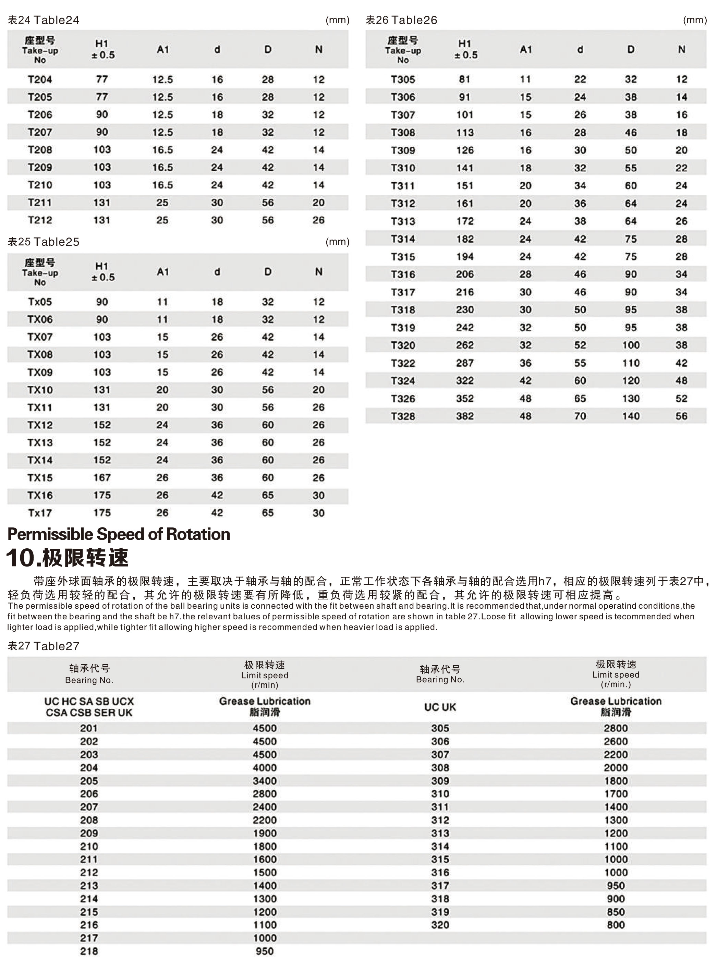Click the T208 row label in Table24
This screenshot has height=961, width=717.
tap(40, 150)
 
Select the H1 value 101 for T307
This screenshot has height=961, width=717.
tap(464, 114)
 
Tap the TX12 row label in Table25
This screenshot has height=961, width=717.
tap(40, 425)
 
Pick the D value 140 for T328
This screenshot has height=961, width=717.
tap(631, 416)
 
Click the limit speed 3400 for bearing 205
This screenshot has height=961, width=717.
tap(265, 781)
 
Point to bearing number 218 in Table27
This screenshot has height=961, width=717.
tap(89, 951)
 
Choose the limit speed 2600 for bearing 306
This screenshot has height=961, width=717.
tap(616, 741)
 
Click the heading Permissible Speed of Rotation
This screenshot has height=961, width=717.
tap(119, 534)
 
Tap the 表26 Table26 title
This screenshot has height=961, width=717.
tap(401, 20)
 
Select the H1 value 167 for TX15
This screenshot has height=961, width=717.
tap(102, 477)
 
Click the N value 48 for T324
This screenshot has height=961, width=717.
tap(681, 381)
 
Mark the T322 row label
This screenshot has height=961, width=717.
tap(403, 363)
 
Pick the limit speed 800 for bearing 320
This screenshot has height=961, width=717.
tap(616, 925)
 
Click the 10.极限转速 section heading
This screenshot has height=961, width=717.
tap(68, 558)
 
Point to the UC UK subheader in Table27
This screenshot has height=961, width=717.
tap(440, 707)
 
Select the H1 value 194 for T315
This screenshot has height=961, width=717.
tap(464, 256)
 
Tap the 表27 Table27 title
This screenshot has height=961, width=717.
tap(44, 646)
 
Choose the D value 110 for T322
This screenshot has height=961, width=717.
tap(631, 363)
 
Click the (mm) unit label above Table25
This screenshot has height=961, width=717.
tap(337, 242)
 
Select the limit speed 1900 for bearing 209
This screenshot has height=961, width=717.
tap(265, 833)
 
